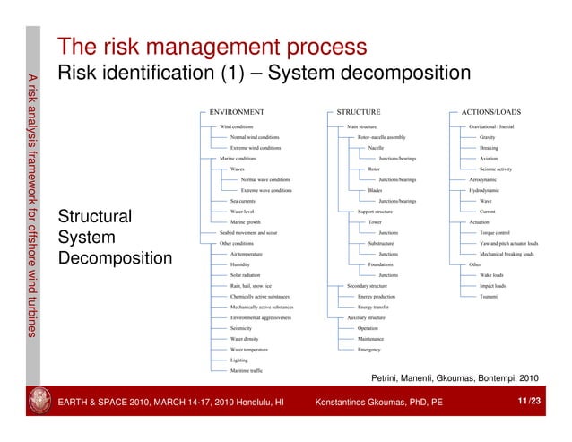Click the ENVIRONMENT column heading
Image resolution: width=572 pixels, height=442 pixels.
[236, 113]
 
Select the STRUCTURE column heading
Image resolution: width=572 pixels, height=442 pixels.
[358, 113]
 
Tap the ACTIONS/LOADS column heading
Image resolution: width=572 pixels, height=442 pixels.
[490, 113]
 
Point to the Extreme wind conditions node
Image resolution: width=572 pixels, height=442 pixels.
[256, 148]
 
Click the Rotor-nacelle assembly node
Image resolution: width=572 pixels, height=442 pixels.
[381, 137]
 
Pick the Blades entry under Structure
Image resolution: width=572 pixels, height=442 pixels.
[377, 190]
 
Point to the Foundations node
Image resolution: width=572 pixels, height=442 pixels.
[381, 264]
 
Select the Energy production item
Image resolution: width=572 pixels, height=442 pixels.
[377, 297]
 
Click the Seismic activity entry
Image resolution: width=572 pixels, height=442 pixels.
[496, 169]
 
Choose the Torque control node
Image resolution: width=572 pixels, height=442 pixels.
[495, 232]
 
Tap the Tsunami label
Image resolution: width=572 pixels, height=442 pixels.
[489, 297]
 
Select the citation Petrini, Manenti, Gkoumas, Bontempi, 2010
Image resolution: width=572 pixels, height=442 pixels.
[455, 378]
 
